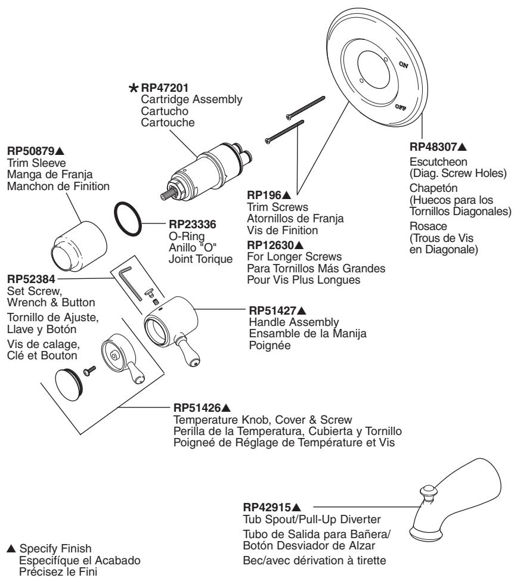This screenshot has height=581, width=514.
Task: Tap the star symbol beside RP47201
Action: pos(135,89)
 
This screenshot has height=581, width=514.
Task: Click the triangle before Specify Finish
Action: pos(8,546)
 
